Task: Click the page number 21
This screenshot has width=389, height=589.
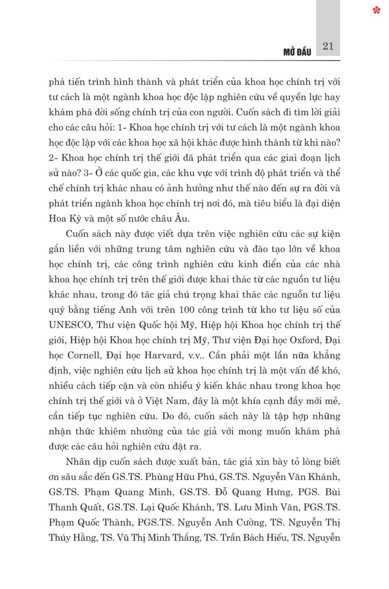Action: tap(328, 46)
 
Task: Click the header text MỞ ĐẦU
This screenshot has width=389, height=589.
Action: tap(297, 52)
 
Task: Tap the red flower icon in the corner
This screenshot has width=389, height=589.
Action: tap(377, 10)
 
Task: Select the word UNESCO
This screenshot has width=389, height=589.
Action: tap(70, 325)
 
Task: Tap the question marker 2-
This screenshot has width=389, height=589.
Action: tap(53, 158)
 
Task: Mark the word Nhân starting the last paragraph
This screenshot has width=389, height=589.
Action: tap(77, 462)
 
